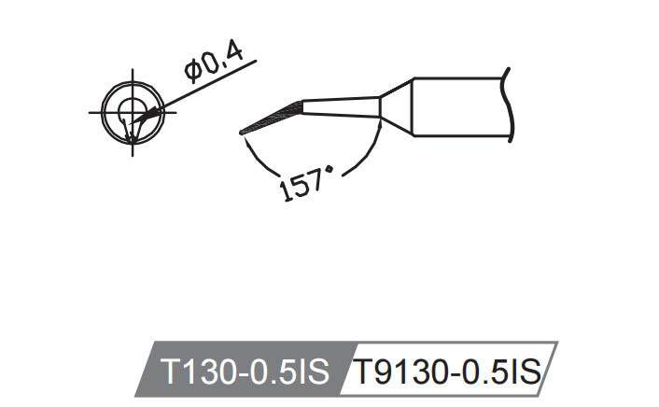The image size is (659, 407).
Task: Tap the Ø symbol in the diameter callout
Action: tap(192, 74)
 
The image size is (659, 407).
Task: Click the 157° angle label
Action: tap(305, 182)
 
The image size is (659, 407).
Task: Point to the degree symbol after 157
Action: tap(328, 171)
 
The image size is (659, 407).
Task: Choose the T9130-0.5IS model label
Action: tap(445, 372)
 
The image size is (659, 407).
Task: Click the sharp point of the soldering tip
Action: tap(241, 133)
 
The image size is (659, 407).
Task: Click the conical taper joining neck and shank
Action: tap(396, 107)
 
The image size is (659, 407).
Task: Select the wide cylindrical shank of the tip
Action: tap(457, 107)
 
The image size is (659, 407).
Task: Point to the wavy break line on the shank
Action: tap(507, 107)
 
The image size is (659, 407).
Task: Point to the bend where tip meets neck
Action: tap(302, 106)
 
